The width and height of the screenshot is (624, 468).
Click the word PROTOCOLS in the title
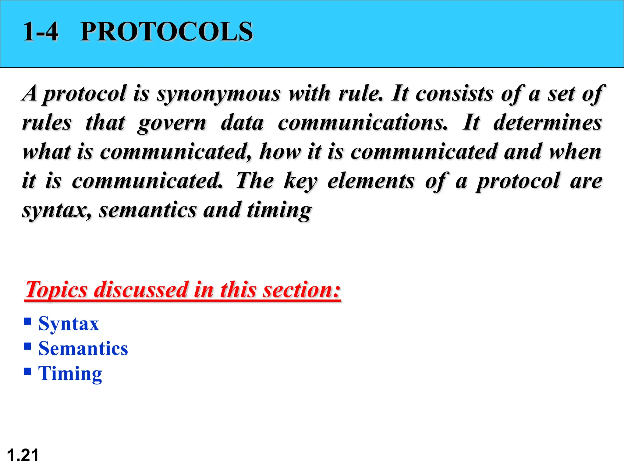166,32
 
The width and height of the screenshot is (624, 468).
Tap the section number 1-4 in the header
41,32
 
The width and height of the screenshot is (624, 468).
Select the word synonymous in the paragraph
218,94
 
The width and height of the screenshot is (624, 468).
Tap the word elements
371,181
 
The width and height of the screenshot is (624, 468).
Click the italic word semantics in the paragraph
147,210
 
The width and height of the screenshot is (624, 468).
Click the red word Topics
56,289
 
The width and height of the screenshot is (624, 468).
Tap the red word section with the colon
302,289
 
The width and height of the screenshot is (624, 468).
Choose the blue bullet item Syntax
69,324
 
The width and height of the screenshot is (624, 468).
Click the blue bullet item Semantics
83,349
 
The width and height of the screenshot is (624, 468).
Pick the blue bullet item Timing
70,374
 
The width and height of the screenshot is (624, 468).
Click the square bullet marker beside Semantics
27,346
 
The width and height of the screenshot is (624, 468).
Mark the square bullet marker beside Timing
27,371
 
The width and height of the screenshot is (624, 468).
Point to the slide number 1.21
23,455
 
